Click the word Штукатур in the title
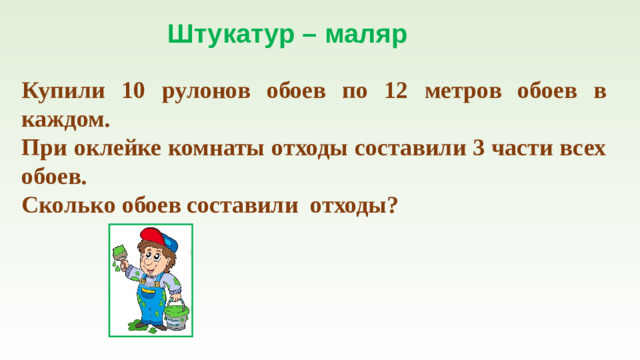[229, 36]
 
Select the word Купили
[62, 91]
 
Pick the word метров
[468, 92]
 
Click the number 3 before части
[478, 149]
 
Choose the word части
[524, 149]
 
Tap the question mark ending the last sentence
[392, 206]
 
